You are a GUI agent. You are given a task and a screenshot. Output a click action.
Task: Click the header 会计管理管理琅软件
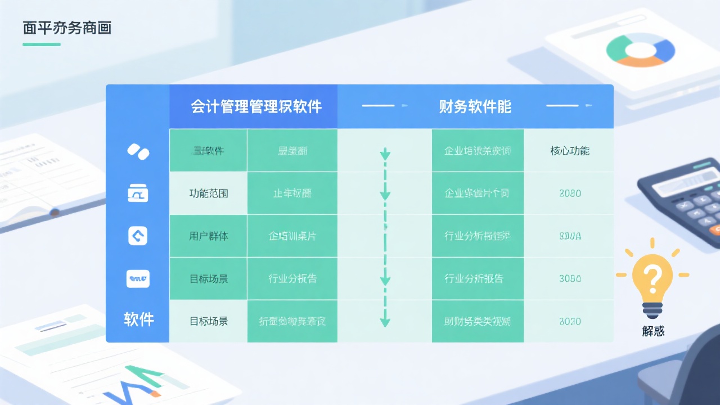coord(256,106)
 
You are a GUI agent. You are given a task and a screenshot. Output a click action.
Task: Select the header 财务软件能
coord(475,106)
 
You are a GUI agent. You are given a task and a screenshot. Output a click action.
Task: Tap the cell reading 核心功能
coord(570,151)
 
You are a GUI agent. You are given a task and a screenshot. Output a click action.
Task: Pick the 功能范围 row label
coord(209,193)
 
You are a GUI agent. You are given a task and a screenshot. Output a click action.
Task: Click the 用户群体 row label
coord(209,236)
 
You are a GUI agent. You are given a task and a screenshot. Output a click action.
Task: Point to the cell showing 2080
coord(570,193)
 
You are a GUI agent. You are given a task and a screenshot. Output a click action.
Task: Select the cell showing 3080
coord(570,278)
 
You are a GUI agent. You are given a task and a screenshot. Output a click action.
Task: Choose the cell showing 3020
coord(570,322)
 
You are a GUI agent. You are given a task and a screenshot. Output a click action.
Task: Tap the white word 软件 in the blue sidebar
coord(138,320)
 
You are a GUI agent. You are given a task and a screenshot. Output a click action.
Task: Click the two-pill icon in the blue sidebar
coord(138,151)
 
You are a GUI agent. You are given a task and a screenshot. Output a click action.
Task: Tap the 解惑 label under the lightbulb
coord(653,331)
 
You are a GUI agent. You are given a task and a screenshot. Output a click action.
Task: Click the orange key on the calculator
coord(715,229)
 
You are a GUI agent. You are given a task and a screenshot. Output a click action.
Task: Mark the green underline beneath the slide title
coord(42,44)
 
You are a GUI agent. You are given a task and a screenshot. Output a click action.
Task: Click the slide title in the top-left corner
coord(67,28)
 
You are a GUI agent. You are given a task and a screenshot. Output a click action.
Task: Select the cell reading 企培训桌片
coord(292,236)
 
